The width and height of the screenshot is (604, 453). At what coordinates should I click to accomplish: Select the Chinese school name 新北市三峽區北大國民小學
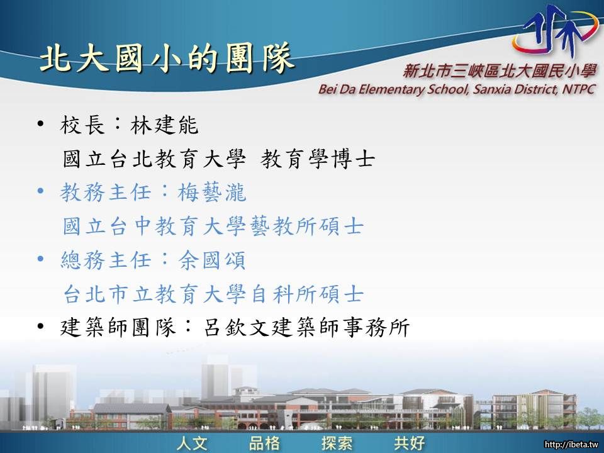point(500,71)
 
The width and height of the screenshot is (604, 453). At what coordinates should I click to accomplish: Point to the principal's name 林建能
point(164,125)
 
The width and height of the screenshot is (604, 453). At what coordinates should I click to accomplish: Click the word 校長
point(82,125)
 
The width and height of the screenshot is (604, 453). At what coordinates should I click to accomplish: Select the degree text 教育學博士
point(318,159)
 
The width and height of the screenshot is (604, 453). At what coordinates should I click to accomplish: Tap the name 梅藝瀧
point(212,193)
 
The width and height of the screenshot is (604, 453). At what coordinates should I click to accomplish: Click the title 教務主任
point(105,193)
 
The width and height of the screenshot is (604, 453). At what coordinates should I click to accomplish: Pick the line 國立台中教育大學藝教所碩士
point(213,226)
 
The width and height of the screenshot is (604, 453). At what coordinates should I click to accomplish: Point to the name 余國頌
point(212,260)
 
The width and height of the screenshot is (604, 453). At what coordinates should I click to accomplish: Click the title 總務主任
point(105,260)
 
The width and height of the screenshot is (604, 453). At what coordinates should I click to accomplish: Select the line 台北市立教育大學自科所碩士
point(213,294)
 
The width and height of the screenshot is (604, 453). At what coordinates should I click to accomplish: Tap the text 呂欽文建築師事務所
point(306,327)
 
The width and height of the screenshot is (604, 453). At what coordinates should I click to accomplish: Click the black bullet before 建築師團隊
point(41,327)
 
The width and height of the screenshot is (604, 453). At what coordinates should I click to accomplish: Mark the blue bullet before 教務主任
point(41,191)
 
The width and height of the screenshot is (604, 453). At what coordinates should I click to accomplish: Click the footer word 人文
point(193,443)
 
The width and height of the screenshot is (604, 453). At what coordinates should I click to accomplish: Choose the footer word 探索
point(337,443)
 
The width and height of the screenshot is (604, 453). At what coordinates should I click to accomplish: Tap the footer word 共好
point(410,443)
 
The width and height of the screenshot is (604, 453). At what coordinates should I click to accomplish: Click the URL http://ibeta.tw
point(571,445)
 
